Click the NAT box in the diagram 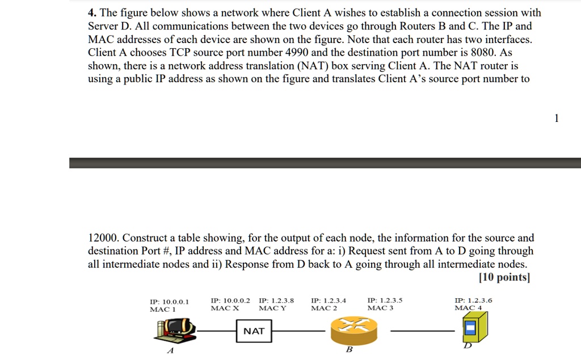click(x=254, y=331)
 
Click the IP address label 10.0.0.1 click(x=169, y=301)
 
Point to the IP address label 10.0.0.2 click(x=230, y=300)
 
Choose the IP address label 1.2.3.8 click(x=276, y=300)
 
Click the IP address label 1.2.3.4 click(x=329, y=300)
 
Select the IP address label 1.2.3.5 click(x=385, y=300)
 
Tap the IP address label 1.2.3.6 click(x=473, y=300)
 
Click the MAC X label click(x=225, y=308)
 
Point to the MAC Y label click(x=272, y=308)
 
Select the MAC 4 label click(x=468, y=308)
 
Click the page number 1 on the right click(x=557, y=118)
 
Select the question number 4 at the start click(x=91, y=12)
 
